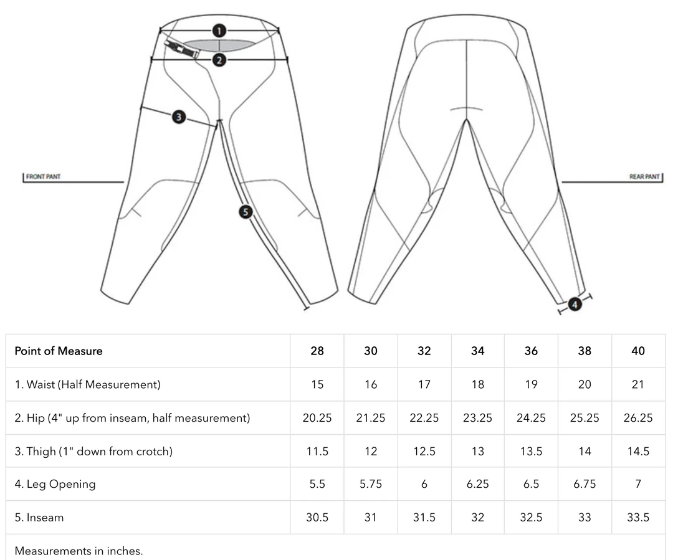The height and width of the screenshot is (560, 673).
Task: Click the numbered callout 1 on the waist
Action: point(219,30)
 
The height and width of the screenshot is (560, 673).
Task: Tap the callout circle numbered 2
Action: point(219,60)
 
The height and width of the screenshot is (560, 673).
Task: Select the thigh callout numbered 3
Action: point(179,116)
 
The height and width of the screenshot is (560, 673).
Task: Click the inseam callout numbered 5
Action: point(246,212)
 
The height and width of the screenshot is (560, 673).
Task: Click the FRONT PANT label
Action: point(44,177)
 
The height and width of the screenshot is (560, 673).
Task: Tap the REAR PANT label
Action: point(644,177)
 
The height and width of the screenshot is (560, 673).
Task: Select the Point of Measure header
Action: point(59,351)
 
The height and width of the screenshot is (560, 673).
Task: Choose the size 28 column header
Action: point(317,351)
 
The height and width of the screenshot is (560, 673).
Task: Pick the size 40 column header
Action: point(638,351)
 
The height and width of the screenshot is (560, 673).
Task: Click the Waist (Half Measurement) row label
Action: point(88,384)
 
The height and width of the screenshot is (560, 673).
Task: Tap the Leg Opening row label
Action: point(55,484)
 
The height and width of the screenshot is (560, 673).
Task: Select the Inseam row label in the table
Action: point(39,518)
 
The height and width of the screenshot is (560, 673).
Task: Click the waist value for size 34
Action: point(477,384)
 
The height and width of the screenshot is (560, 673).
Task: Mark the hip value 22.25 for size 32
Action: point(424,418)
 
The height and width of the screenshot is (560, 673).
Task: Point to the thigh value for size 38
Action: point(585,451)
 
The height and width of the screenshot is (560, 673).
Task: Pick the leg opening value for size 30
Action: point(371,484)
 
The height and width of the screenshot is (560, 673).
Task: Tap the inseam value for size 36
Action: point(531,518)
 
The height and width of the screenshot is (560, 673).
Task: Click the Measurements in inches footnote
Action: point(79,551)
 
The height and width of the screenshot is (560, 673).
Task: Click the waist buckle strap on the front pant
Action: point(183,49)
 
